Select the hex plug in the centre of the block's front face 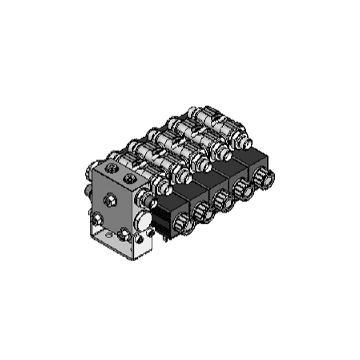point(110,200)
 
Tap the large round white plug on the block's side point(144,221)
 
